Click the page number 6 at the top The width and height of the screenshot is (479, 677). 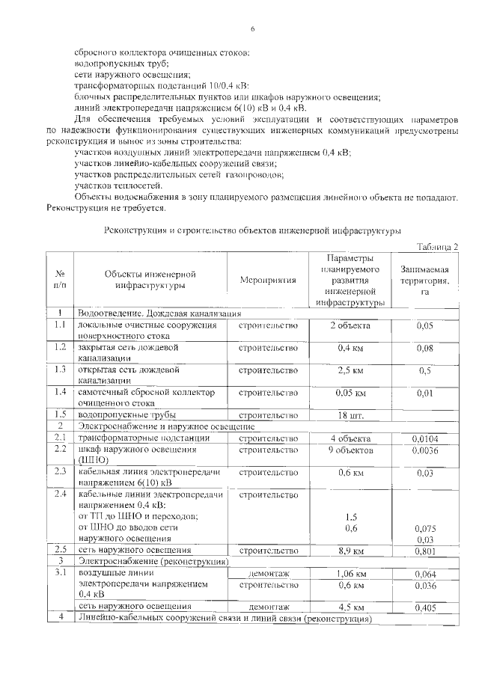tap(252, 28)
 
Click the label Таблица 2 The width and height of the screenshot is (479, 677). tap(436, 246)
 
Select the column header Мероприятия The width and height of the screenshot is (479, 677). tap(268, 280)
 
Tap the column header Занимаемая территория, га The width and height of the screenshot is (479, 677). tap(424, 280)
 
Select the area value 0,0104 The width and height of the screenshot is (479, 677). tap(424, 438)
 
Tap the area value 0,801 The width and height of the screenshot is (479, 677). tap(424, 551)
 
